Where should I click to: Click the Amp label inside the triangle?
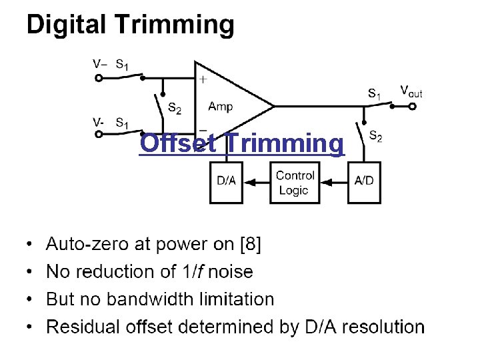click(221, 107)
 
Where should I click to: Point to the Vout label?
click(411, 91)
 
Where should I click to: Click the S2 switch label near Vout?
click(375, 137)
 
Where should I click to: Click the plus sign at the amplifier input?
click(203, 79)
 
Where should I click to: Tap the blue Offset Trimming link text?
click(242, 143)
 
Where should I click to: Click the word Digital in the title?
click(67, 25)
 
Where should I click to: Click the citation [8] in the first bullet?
click(250, 245)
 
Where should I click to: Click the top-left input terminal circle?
click(99, 77)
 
